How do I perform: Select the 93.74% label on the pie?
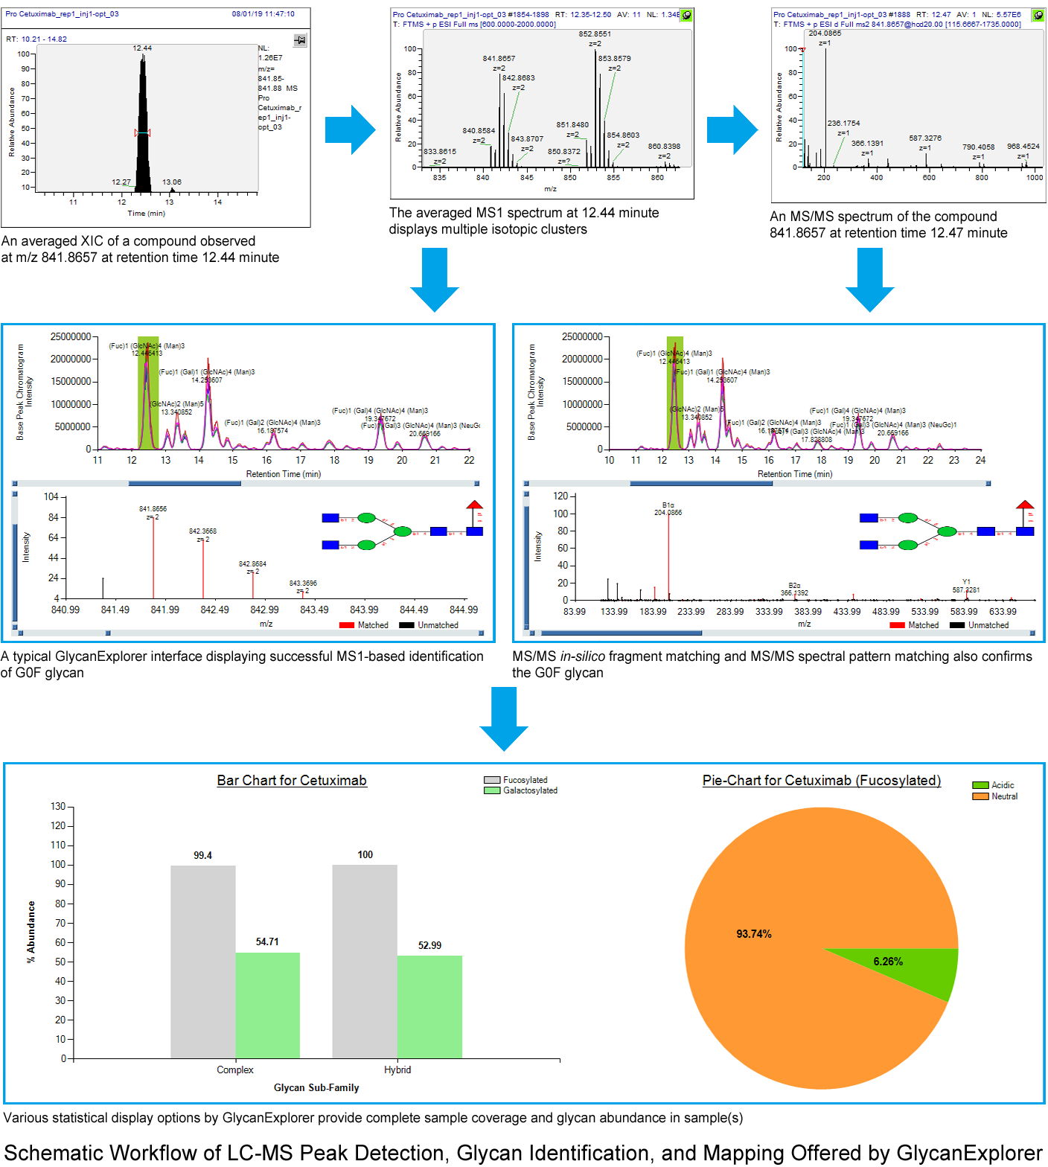(x=753, y=934)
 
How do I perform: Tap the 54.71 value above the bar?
(x=267, y=941)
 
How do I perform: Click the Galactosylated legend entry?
(x=529, y=790)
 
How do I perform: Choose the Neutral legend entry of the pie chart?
(x=1003, y=796)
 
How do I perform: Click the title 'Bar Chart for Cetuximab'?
(x=292, y=780)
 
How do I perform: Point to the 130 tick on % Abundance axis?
(x=58, y=806)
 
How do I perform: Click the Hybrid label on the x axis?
(x=397, y=1070)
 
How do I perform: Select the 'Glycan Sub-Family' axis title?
(x=316, y=1087)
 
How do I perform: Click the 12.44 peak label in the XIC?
(x=142, y=48)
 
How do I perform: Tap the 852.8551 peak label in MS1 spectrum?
(x=595, y=34)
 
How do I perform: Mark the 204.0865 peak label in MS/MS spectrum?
(x=825, y=33)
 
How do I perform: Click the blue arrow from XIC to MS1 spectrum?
(x=350, y=130)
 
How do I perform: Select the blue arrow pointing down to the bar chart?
(x=504, y=718)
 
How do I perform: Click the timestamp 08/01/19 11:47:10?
(x=263, y=14)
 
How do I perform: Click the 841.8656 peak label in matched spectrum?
(x=153, y=509)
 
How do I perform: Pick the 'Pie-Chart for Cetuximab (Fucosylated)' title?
(x=821, y=780)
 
